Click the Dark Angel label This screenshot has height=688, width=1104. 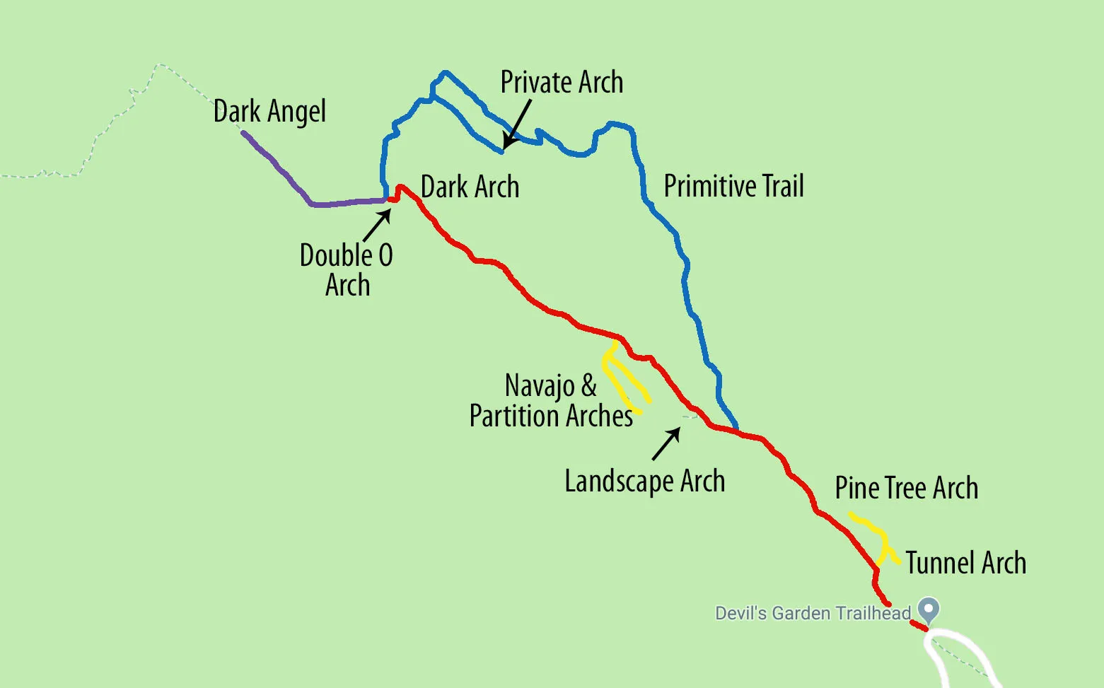coord(269,112)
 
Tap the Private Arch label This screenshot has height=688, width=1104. coord(562,82)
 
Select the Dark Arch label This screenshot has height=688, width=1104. coord(470,187)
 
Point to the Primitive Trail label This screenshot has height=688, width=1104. coord(733,187)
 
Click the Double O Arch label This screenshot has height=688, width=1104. coord(347,270)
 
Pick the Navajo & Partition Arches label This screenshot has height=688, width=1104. coord(551,401)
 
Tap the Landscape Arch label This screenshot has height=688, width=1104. coord(644,482)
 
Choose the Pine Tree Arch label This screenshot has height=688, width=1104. coord(906,489)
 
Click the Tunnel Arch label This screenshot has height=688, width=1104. coord(965,564)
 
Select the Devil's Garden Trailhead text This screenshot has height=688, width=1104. coord(813,613)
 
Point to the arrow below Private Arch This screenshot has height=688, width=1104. coord(516,125)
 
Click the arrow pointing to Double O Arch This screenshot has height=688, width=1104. coord(376,226)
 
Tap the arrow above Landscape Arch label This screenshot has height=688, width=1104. coord(666,444)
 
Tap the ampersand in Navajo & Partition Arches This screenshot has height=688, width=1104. coord(588,386)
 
